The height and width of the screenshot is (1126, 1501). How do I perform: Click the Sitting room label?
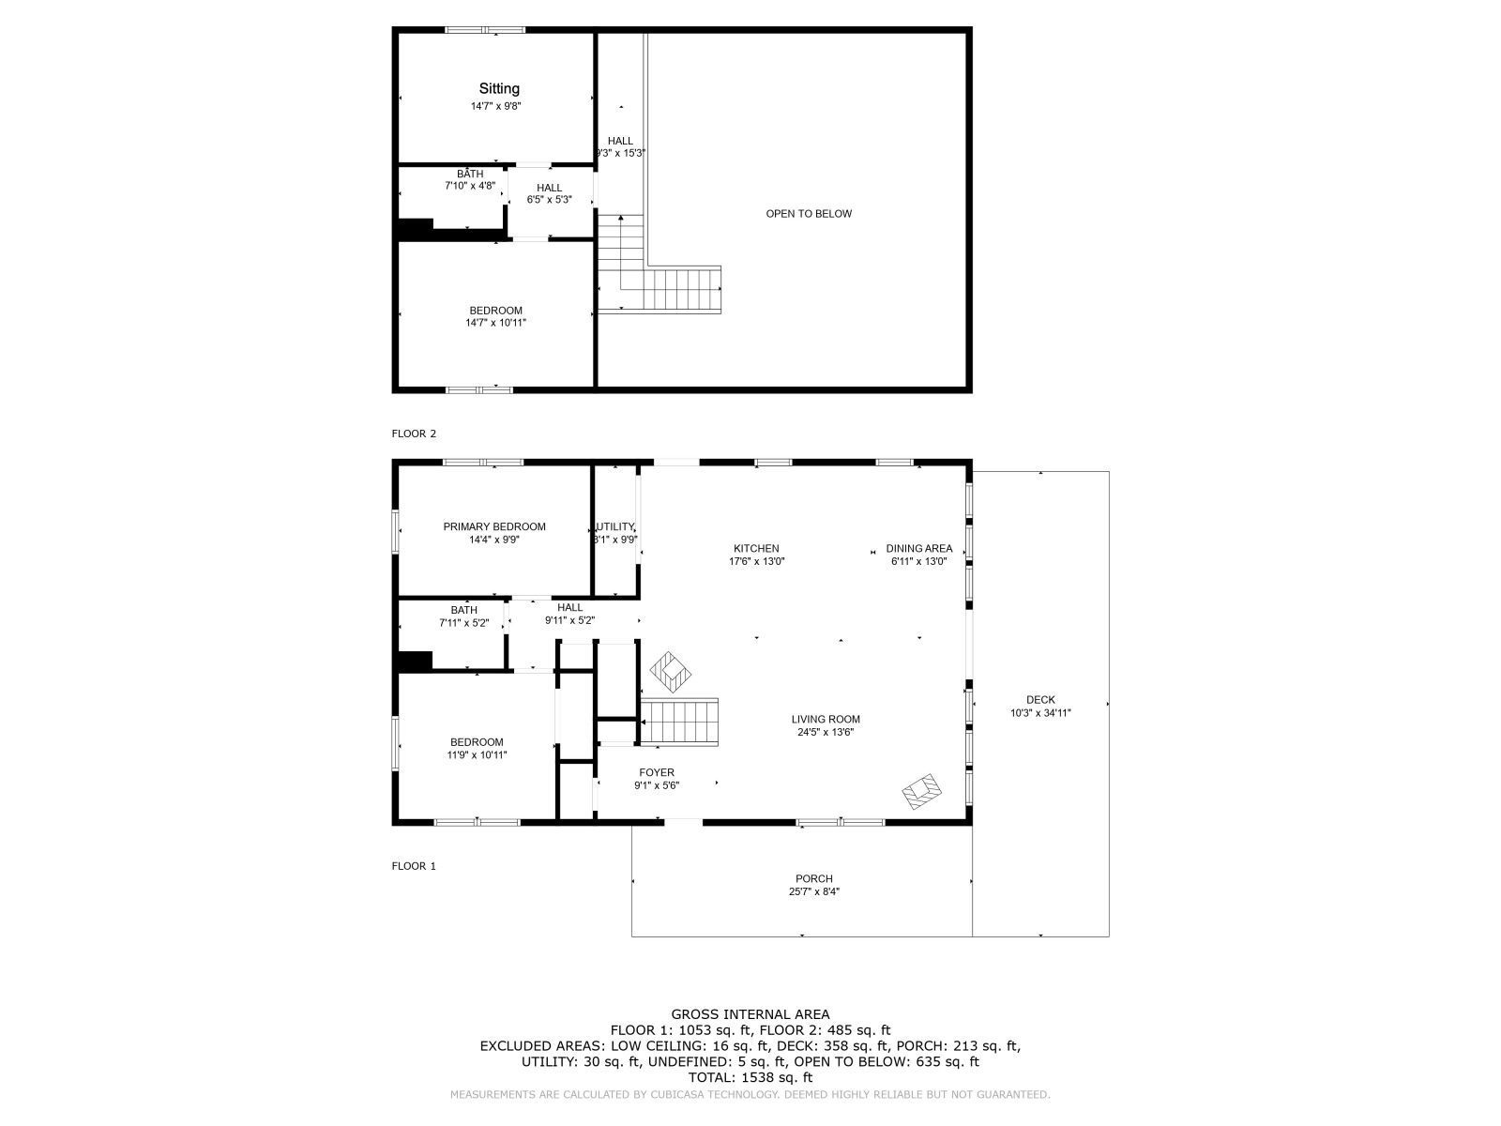498,89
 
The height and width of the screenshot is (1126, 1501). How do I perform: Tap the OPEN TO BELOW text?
809,214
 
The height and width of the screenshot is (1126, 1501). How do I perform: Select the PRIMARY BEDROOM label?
494,526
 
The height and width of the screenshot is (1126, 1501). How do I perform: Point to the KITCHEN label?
756,548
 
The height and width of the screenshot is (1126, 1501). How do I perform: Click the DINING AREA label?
919,548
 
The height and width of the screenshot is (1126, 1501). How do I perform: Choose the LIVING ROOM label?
826,719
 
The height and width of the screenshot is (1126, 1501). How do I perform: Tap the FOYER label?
657,772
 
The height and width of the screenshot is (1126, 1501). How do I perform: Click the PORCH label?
813,878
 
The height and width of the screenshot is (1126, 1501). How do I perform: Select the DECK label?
1040,699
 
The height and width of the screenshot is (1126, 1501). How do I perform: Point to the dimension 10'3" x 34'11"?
1040,713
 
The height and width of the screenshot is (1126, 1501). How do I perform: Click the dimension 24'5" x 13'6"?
826,732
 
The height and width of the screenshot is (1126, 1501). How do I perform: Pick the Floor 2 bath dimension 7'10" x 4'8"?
470,185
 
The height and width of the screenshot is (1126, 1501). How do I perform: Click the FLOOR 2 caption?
414,434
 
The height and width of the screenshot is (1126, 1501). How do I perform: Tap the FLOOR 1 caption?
414,866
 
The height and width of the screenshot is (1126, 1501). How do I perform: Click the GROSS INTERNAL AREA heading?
750,1014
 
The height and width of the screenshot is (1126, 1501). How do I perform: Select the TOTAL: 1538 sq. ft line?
750,1077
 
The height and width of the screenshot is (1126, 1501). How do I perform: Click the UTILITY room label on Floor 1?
615,526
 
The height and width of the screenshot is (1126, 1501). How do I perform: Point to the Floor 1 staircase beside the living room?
679,722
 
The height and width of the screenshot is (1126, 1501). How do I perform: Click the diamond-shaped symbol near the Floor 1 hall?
670,672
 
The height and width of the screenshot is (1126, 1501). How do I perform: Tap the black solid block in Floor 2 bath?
416,228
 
